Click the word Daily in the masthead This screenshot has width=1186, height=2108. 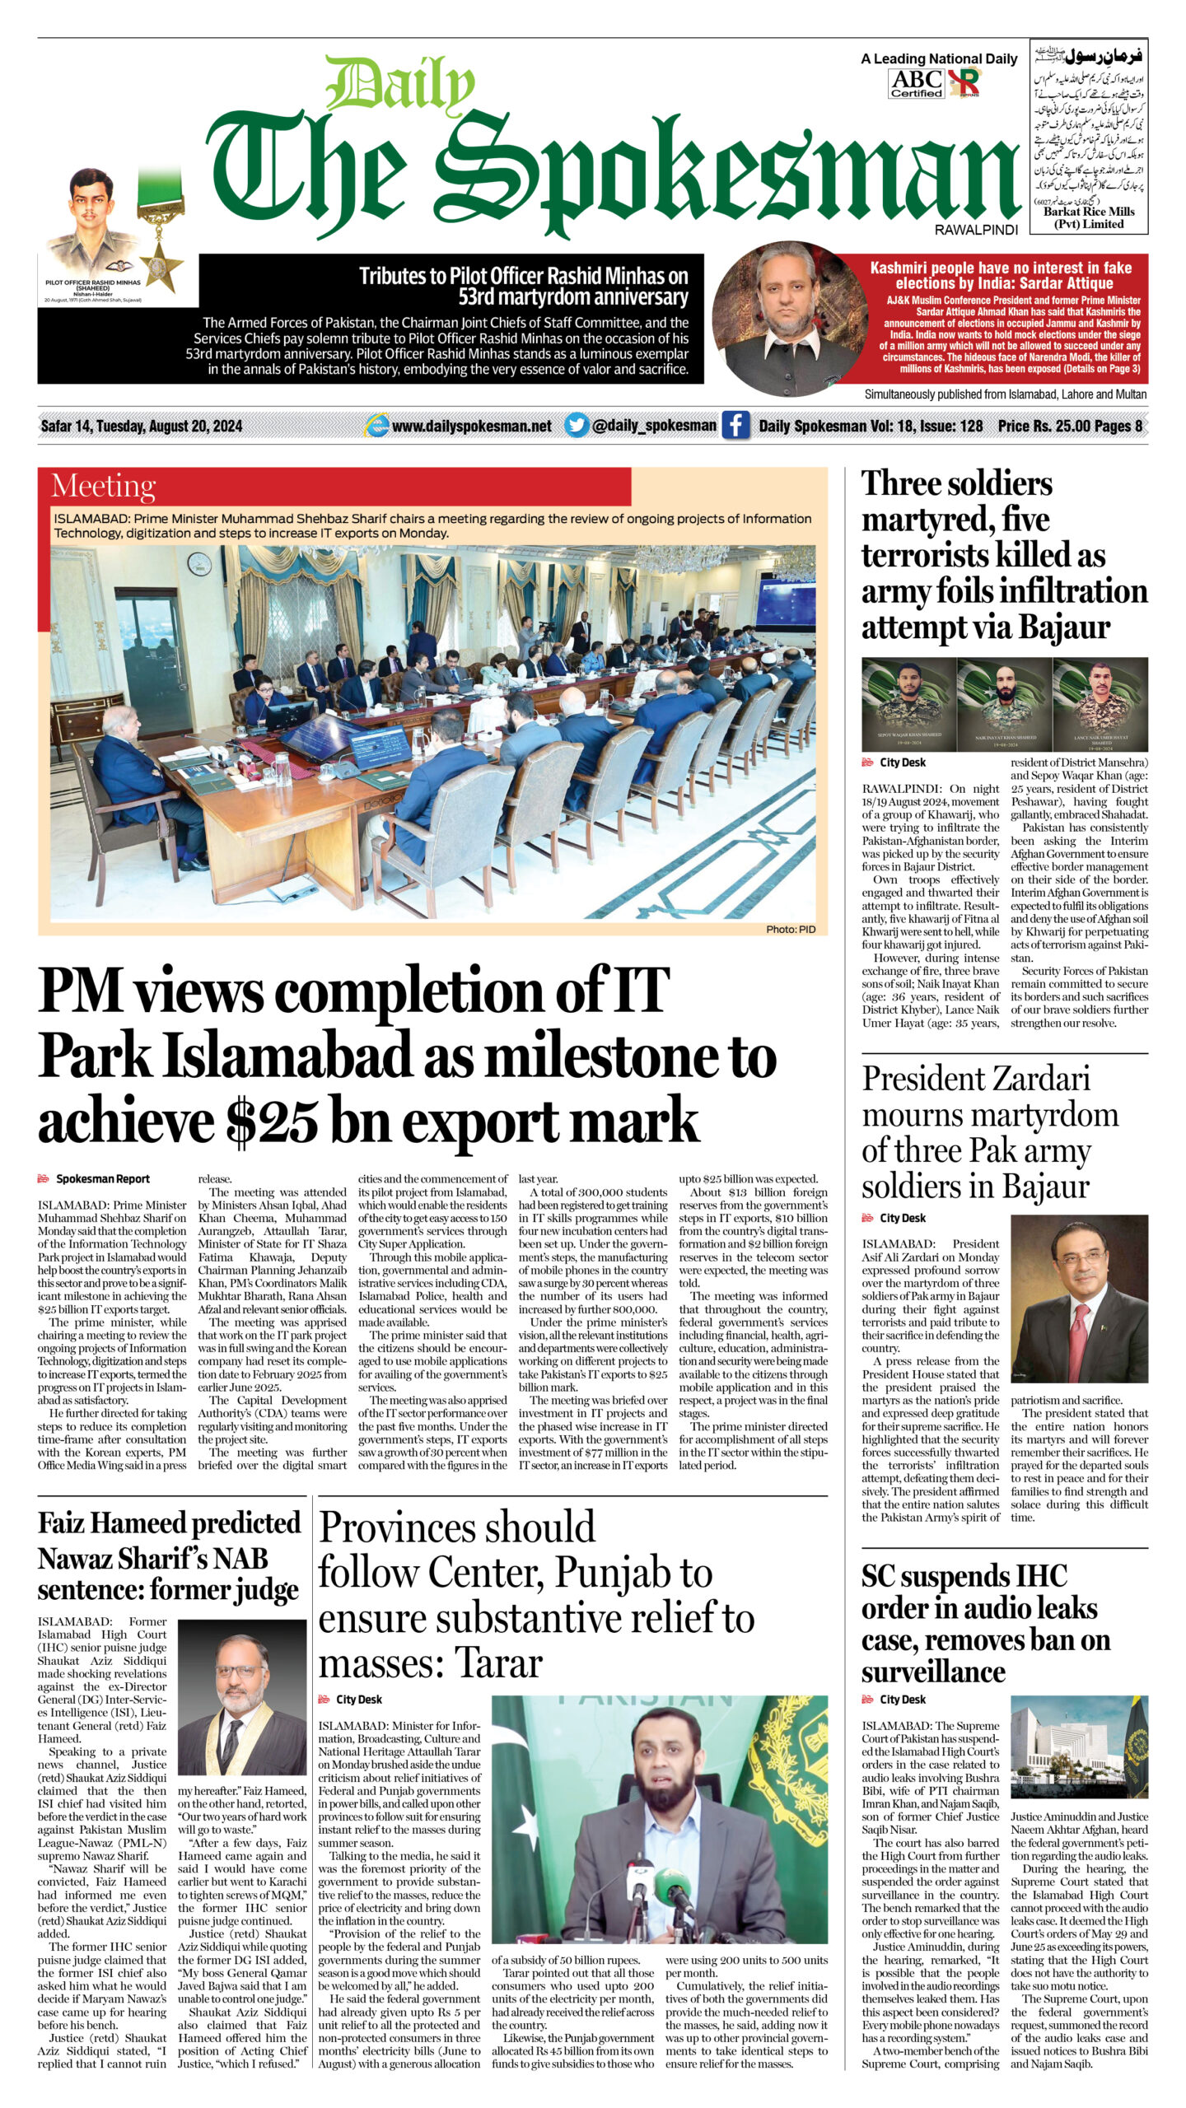point(400,86)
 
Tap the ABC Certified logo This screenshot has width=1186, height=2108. point(916,83)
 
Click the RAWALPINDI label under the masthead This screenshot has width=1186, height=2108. point(976,231)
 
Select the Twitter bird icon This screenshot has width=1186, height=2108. point(577,425)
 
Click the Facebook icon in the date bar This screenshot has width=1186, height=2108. point(735,425)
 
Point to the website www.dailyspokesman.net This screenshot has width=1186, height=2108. point(471,426)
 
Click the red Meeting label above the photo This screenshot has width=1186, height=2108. point(103,486)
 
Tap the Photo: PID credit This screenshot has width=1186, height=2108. point(790,929)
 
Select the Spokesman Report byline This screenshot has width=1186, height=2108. point(102,1179)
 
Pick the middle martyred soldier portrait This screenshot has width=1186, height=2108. point(1005,704)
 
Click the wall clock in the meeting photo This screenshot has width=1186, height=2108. point(198,564)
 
